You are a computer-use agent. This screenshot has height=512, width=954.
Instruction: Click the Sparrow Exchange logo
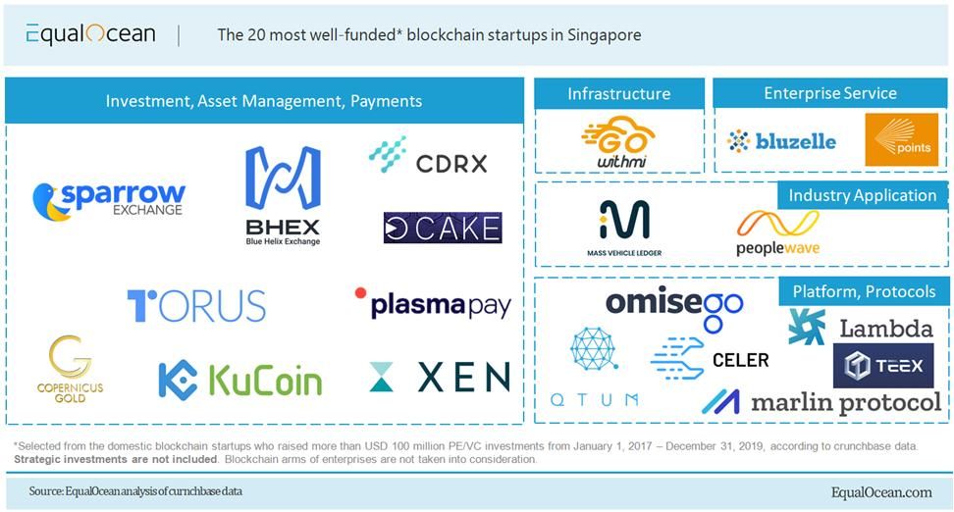pyautogui.click(x=108, y=200)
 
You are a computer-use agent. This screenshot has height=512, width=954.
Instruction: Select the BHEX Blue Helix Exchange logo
pyautogui.click(x=283, y=195)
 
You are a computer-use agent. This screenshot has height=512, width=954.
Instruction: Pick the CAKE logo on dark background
pyautogui.click(x=443, y=229)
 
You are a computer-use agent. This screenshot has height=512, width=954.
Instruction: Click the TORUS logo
pyautogui.click(x=196, y=305)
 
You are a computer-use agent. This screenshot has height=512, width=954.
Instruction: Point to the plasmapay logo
pyautogui.click(x=433, y=303)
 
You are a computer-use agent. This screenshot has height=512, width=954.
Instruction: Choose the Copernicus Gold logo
pyautogui.click(x=71, y=369)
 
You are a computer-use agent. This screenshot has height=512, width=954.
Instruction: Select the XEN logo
pyautogui.click(x=440, y=377)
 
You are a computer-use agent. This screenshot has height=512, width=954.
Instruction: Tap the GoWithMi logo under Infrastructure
pyautogui.click(x=617, y=143)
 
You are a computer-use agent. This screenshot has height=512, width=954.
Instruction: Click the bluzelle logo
pyautogui.click(x=782, y=141)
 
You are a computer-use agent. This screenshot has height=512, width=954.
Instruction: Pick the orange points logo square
pyautogui.click(x=901, y=140)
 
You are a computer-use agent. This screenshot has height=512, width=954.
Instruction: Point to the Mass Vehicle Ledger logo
pyautogui.click(x=624, y=228)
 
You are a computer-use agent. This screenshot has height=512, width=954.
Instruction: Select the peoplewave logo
pyautogui.click(x=777, y=233)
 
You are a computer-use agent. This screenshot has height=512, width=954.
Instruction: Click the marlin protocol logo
pyautogui.click(x=821, y=401)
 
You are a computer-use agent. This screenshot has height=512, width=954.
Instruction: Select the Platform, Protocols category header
pyautogui.click(x=864, y=291)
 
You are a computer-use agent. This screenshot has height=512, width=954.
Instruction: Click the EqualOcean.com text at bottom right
pyautogui.click(x=880, y=492)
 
